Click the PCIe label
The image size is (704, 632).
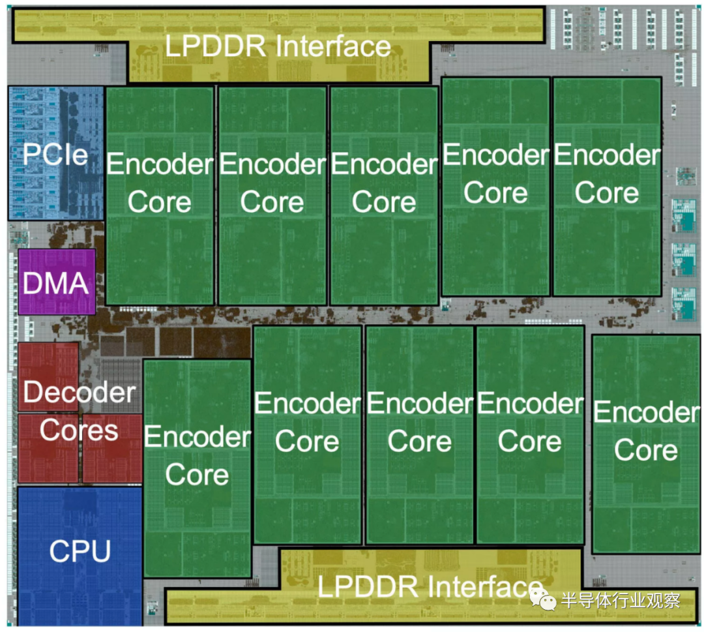pyautogui.click(x=55, y=155)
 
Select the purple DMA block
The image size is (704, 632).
pyautogui.click(x=57, y=282)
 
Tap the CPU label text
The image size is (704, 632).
pyautogui.click(x=80, y=550)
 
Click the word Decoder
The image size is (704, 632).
pyautogui.click(x=79, y=392)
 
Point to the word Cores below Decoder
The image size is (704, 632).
pyautogui.click(x=79, y=430)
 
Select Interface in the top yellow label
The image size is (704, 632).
pyautogui.click(x=333, y=46)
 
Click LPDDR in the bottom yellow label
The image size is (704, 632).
pyautogui.click(x=368, y=586)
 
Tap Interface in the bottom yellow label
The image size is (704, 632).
pyautogui.click(x=485, y=586)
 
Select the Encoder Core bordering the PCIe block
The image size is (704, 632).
pyautogui.click(x=160, y=196)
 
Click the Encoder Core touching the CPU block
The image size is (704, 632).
pyautogui.click(x=197, y=468)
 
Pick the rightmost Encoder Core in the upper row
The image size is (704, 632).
pyautogui.click(x=607, y=187)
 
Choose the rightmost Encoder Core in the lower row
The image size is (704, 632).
pyautogui.click(x=646, y=444)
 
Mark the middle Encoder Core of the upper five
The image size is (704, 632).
pyautogui.click(x=384, y=196)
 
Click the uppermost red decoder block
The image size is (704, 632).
pyautogui.click(x=48, y=376)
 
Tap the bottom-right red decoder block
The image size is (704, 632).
pyautogui.click(x=112, y=448)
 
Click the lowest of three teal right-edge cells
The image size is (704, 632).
pyautogui.click(x=684, y=304)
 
